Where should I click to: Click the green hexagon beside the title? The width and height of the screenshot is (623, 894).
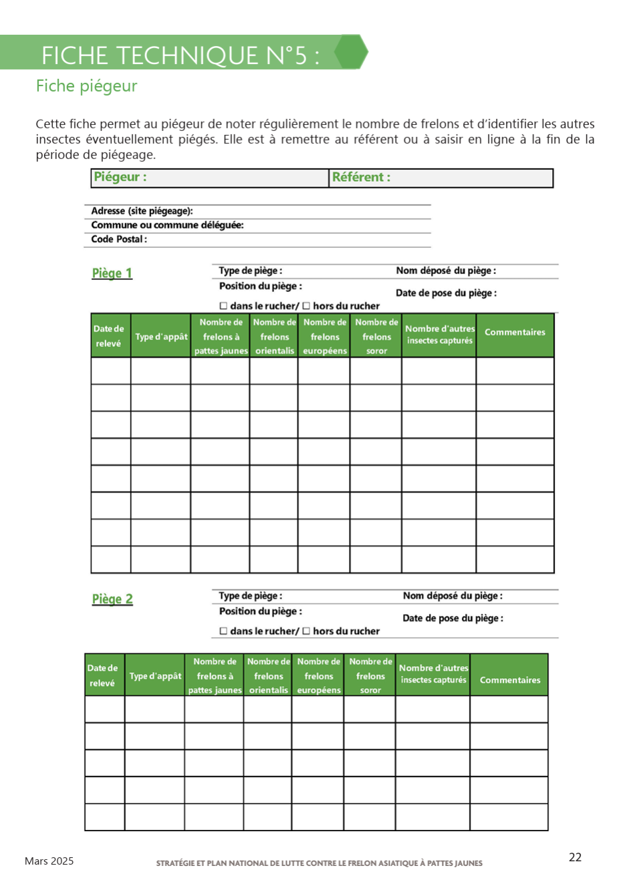(x=351, y=52)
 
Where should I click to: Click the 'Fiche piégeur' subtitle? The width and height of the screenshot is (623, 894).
(x=86, y=86)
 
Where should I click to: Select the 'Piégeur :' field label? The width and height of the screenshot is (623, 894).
(x=120, y=177)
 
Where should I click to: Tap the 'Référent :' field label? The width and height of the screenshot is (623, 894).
(x=361, y=177)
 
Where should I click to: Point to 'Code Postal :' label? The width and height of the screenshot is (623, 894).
(x=119, y=239)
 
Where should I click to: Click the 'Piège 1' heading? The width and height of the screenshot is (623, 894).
(x=112, y=273)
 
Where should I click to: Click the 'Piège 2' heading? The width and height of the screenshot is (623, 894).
(x=112, y=599)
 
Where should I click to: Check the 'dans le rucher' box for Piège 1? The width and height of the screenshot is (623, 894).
(x=224, y=306)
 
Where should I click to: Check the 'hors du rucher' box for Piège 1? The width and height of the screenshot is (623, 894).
(x=306, y=306)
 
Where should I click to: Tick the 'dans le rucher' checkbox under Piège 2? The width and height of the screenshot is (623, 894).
(x=224, y=631)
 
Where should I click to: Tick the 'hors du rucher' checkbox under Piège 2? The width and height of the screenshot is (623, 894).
(x=306, y=631)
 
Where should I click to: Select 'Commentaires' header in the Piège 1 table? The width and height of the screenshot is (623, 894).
(x=515, y=332)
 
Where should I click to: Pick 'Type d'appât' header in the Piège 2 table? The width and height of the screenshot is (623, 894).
(x=155, y=676)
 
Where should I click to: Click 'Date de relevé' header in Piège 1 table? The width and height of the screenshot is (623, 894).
(x=109, y=336)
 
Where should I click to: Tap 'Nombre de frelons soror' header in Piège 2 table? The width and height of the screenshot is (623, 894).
(x=370, y=676)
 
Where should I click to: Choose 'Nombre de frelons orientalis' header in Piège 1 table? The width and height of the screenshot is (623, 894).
(x=274, y=336)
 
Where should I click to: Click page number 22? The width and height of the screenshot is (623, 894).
(x=575, y=857)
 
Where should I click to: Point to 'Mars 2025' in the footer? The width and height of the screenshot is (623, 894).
(x=49, y=861)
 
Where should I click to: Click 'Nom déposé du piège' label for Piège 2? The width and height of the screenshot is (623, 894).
(x=453, y=596)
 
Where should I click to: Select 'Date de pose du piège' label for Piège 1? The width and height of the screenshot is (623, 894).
(x=446, y=293)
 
